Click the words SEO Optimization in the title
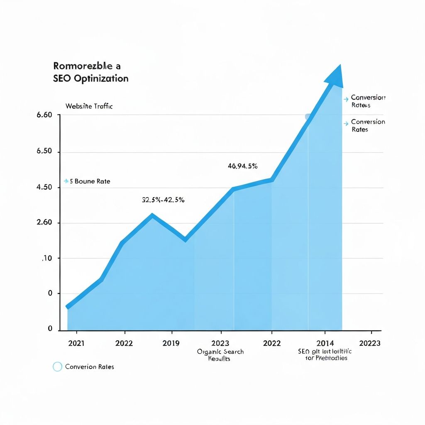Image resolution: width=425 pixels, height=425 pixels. pos(91,78)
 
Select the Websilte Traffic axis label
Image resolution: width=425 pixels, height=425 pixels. pos(89,106)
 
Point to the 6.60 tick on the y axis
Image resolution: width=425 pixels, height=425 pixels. pos(44,115)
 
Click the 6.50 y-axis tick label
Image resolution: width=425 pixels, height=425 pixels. pos(44,151)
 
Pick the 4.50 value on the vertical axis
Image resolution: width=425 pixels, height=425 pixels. pos(44,187)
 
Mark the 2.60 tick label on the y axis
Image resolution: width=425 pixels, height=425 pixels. pos(44,222)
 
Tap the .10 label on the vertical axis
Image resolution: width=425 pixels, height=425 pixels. pos(46,259)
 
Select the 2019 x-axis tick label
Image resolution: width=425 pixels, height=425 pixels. pos(171,343)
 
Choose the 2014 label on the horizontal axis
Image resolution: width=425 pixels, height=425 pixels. pos(325,343)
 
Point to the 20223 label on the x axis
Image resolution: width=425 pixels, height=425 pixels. pos(370,343)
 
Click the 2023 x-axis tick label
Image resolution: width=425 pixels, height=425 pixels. pos(220,343)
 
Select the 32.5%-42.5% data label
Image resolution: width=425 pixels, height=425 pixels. pos(163,200)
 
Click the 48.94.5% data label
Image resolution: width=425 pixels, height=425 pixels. pos(243,166)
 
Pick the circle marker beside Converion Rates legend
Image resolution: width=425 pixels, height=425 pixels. pos(57,367)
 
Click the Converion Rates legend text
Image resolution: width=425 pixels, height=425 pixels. pos(90,367)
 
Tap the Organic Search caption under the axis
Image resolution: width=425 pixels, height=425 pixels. pos(220,352)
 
